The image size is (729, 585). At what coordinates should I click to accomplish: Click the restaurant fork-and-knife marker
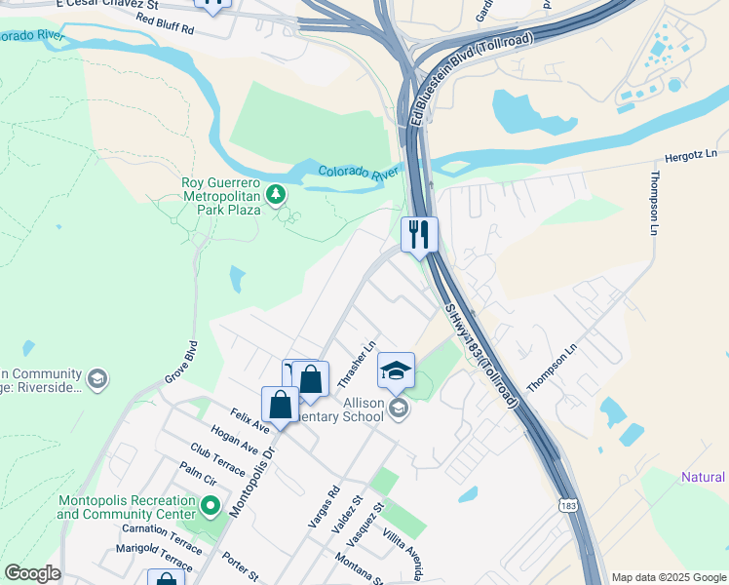(419, 234)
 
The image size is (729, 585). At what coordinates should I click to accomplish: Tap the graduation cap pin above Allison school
(396, 370)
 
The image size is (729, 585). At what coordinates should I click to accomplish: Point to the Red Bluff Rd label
(166, 24)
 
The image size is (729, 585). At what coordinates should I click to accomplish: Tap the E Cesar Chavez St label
(107, 5)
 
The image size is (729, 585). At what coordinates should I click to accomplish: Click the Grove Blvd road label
(180, 361)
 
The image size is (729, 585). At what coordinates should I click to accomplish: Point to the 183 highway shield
(567, 505)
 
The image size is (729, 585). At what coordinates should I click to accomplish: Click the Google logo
(32, 573)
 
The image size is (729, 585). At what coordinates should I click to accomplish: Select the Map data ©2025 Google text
(669, 577)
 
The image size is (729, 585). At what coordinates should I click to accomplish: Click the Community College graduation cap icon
(96, 379)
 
